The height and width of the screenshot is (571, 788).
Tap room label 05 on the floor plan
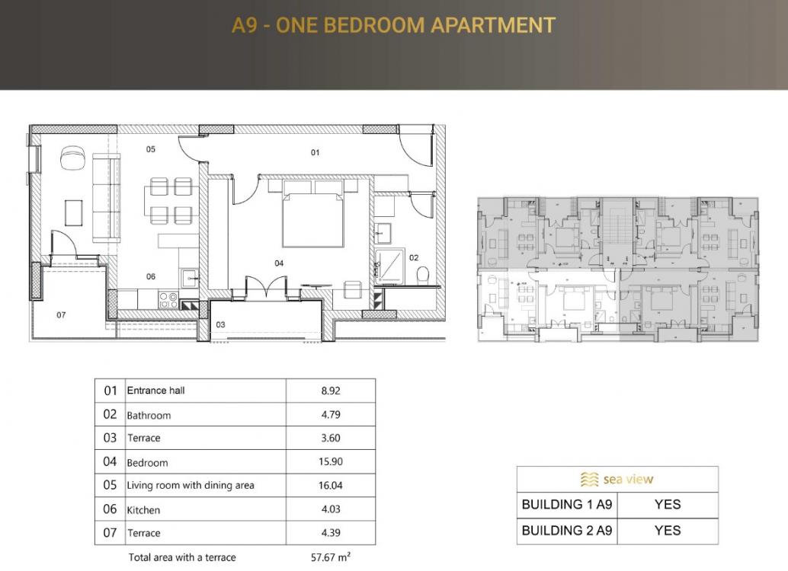[151, 149]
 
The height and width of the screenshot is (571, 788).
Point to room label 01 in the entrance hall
[315, 152]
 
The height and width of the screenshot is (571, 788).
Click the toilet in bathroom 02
[423, 275]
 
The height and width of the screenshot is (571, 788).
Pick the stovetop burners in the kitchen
[168, 300]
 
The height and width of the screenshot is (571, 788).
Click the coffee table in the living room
[74, 213]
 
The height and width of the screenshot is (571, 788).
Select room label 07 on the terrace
[61, 315]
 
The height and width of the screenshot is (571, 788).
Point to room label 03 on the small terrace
[220, 324]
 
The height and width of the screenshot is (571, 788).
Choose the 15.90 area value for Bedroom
[331, 461]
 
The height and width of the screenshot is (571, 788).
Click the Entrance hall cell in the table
[155, 391]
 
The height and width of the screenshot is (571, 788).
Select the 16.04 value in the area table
[331, 485]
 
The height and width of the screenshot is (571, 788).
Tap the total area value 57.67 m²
[331, 557]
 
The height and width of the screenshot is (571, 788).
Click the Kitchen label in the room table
[143, 510]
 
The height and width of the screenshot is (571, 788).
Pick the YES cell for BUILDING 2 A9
[668, 531]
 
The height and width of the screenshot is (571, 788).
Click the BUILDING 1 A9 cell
[567, 504]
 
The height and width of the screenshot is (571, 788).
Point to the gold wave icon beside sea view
[590, 479]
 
